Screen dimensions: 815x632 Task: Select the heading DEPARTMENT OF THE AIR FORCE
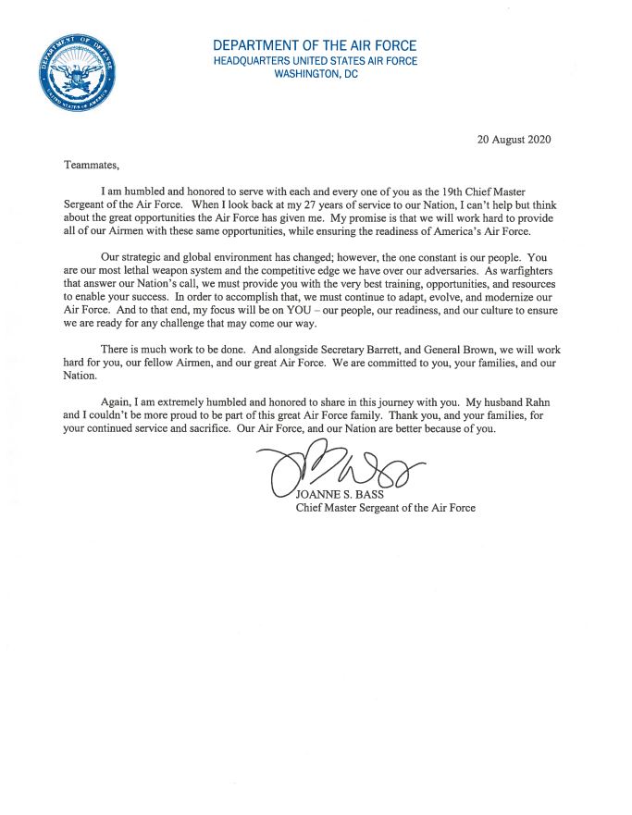tap(315, 45)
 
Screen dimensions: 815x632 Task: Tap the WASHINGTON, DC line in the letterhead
tap(315, 75)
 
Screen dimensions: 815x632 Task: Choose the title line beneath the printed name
tap(385, 508)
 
